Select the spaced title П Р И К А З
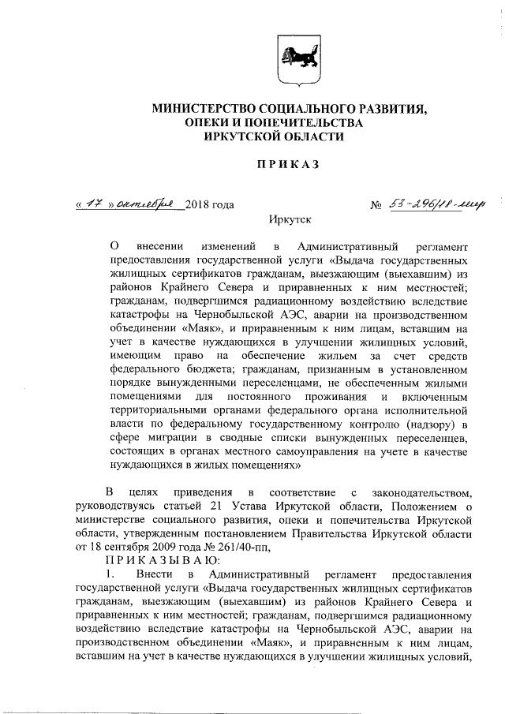tap(287, 165)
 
